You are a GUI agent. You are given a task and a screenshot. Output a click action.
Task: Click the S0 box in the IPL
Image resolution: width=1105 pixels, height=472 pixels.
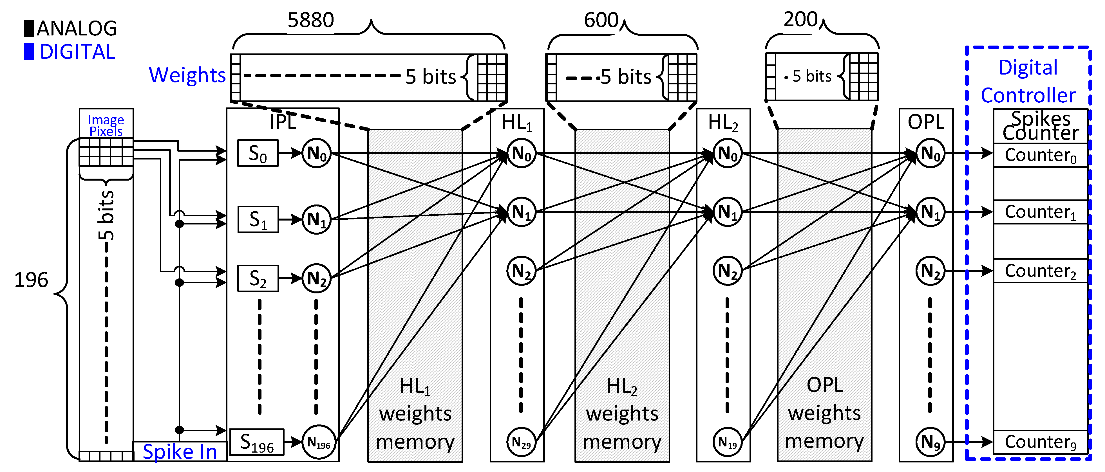coord(258,153)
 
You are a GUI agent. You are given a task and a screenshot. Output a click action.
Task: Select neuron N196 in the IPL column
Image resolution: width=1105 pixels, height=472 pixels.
coord(318,442)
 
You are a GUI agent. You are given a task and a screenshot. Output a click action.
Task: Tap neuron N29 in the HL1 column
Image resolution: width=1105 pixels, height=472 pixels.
coord(521,442)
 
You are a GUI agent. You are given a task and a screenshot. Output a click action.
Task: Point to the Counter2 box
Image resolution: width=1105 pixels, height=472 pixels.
coord(1040,271)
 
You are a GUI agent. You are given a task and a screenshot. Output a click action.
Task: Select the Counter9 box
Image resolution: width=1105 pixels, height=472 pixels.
coord(1040,442)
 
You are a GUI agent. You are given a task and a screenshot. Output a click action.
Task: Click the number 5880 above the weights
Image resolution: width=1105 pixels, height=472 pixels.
coord(310,20)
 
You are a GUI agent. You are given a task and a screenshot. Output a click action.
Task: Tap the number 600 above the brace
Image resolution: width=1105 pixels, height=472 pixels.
coord(601,20)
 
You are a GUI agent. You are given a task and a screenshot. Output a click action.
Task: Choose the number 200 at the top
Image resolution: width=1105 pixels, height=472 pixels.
coord(800,19)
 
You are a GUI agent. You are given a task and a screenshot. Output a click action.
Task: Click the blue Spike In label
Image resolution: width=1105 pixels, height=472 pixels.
coord(180,452)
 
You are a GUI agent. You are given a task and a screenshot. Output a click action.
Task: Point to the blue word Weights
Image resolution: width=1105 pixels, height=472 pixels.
coord(187,75)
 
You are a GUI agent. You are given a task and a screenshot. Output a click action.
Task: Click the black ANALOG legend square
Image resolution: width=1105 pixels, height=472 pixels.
coord(29,28)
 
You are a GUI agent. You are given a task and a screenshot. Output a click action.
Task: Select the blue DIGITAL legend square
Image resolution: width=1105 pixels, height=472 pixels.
coord(29,52)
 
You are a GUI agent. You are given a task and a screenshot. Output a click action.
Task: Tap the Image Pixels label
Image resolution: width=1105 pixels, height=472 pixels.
coord(106,125)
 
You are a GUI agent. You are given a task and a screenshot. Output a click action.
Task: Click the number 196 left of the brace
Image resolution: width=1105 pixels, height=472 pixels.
coord(31,280)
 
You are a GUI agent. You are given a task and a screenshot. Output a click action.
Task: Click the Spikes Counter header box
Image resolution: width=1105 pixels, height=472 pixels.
coord(1040,126)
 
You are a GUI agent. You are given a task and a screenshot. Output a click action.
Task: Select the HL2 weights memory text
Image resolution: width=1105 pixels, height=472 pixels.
coord(622,414)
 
